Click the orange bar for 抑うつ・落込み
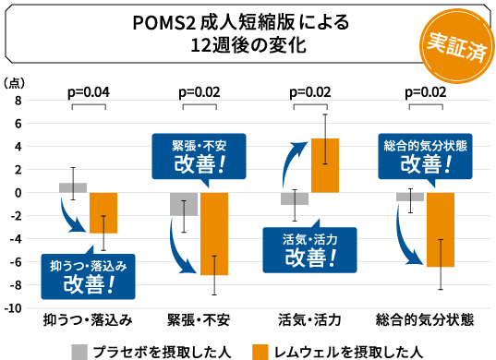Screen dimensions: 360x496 pos(103,212)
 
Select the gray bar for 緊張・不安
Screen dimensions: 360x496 pos(184,204)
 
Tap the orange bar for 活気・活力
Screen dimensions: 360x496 pos(325,165)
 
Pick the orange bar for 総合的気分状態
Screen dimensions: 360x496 pos(440,230)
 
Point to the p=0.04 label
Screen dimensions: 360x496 pos(90,92)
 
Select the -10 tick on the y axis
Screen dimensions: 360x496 pos(13,307)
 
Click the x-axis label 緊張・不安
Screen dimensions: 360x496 pos(199,320)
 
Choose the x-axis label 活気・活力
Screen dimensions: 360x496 pos(309,320)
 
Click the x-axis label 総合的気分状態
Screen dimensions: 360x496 pos(425,320)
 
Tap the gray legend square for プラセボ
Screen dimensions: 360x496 pos(80,351)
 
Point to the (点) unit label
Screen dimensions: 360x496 pos(15,81)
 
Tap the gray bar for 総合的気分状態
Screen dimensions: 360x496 pos(410,197)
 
